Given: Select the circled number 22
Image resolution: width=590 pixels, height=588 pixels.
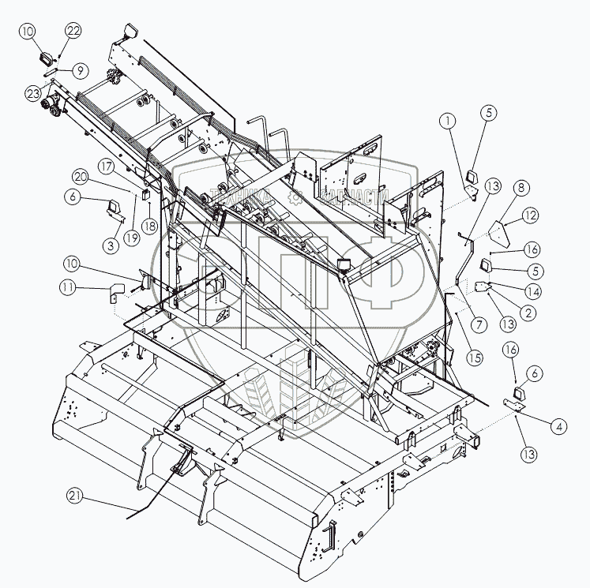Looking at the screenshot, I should click(x=73, y=31).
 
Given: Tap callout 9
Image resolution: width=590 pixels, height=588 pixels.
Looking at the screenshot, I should click(x=80, y=70).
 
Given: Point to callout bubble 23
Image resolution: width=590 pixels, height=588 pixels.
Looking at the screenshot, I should click(x=33, y=93).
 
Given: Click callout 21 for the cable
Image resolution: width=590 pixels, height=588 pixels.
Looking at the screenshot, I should click(x=74, y=496).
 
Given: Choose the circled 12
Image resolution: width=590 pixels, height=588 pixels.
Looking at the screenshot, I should click(x=530, y=215).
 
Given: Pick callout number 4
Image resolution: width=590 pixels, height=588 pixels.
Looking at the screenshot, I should click(x=558, y=427).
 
